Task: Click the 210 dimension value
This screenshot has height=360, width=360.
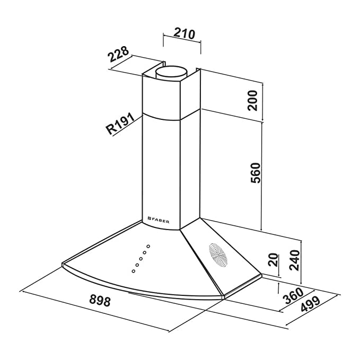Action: point(181,33)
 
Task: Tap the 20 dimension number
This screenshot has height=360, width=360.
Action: point(273,261)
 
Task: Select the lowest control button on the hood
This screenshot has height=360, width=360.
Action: point(133,271)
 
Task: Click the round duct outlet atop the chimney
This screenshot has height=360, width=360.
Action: point(174,71)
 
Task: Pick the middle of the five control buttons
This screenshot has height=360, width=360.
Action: point(141,259)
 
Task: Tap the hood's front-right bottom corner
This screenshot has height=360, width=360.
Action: point(223,298)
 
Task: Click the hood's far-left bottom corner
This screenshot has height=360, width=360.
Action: point(63,264)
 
